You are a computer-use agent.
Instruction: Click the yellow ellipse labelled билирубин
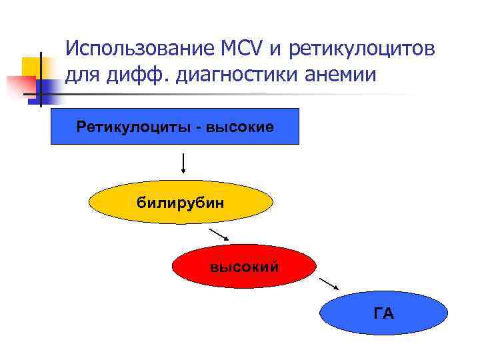coord(181,203)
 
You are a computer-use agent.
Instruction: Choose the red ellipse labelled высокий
coord(244,267)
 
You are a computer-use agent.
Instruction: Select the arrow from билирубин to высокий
coord(219,234)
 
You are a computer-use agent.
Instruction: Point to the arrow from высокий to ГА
coord(329,283)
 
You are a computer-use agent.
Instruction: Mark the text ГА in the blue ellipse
coord(384,313)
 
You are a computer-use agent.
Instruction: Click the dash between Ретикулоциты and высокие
coord(198,127)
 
